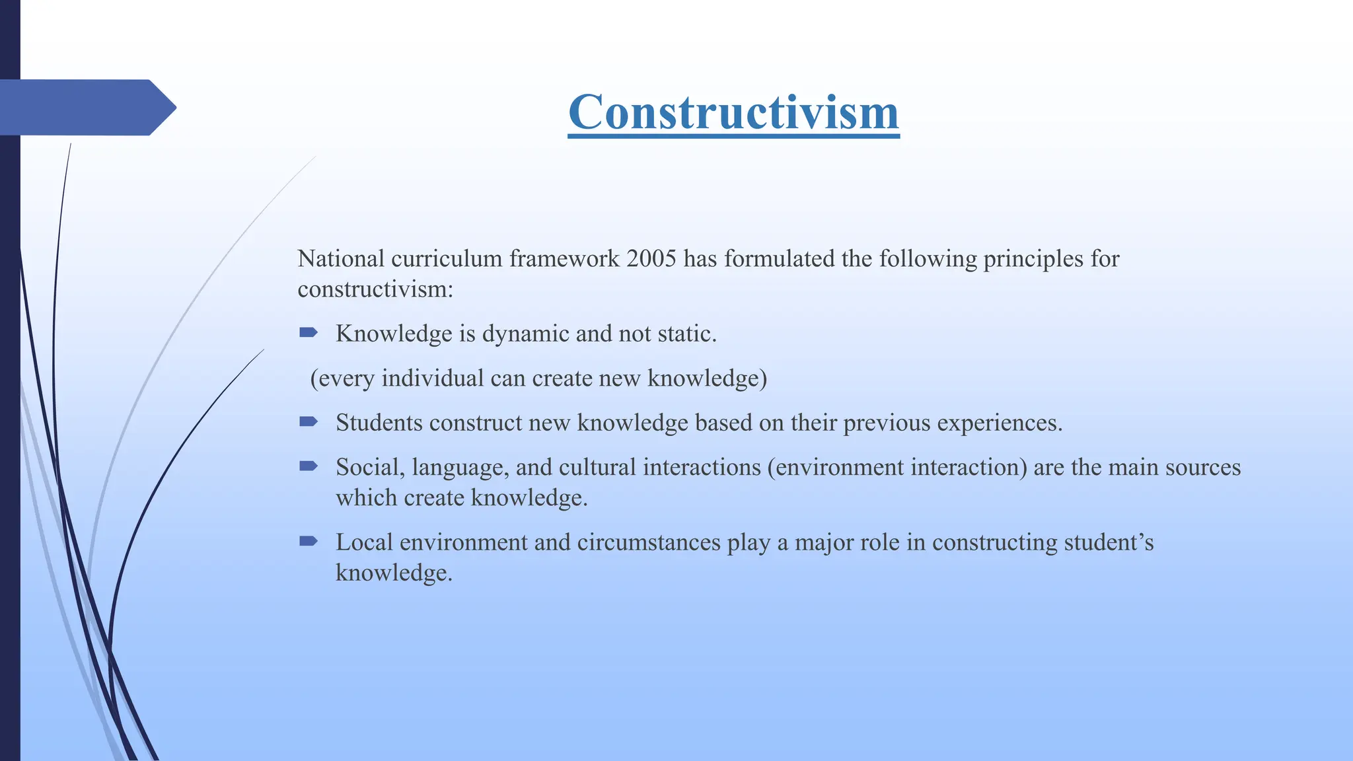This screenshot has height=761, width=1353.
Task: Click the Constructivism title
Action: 733,112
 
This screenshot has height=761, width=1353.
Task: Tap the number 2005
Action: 651,259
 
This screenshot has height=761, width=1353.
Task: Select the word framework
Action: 564,259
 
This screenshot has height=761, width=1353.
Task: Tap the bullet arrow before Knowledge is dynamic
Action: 309,332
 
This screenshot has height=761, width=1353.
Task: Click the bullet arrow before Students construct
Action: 309,421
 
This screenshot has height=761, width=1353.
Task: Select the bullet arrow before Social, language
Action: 309,466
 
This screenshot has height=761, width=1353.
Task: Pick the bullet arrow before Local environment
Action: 309,542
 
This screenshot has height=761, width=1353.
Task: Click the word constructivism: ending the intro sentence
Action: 375,289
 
